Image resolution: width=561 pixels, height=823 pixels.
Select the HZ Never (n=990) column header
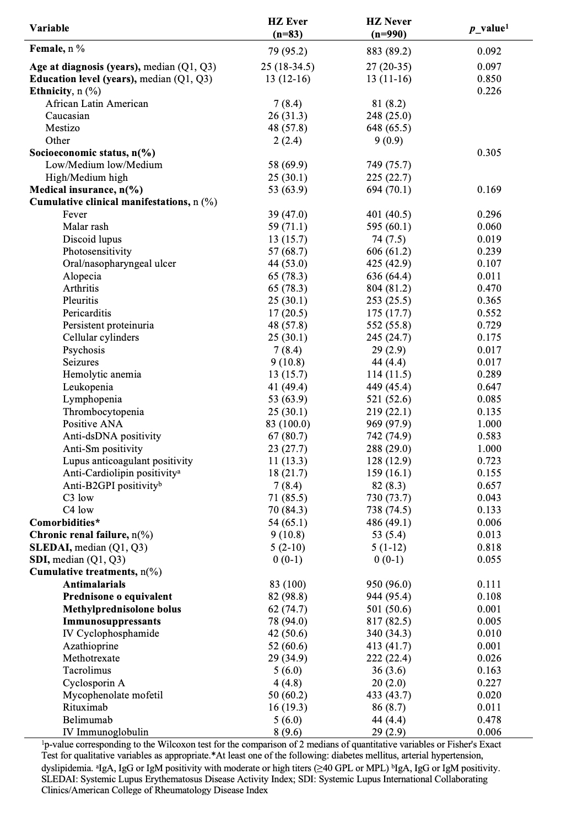pos(389,28)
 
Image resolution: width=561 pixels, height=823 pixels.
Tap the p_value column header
pos(489,28)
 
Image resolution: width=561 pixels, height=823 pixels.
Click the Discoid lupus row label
pos(92,239)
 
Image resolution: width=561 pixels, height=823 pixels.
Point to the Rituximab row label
pos(85,707)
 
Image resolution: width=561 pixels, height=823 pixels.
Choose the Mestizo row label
pos(62,128)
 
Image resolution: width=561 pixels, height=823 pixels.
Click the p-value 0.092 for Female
pos(489,52)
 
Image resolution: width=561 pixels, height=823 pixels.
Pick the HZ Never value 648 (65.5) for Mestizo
pos(389,128)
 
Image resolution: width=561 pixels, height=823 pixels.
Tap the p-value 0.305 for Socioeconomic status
pos(489,153)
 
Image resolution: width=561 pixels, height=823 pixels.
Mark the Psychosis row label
pos(83,350)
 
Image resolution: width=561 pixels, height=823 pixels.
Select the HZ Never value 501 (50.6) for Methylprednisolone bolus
pos(389,609)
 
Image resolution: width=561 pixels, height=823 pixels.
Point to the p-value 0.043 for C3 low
pos(489,498)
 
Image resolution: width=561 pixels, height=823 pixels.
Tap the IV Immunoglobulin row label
pos(105,732)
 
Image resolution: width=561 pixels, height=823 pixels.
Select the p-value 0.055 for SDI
pos(489,560)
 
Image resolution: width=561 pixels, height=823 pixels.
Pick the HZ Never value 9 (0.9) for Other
pos(389,141)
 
